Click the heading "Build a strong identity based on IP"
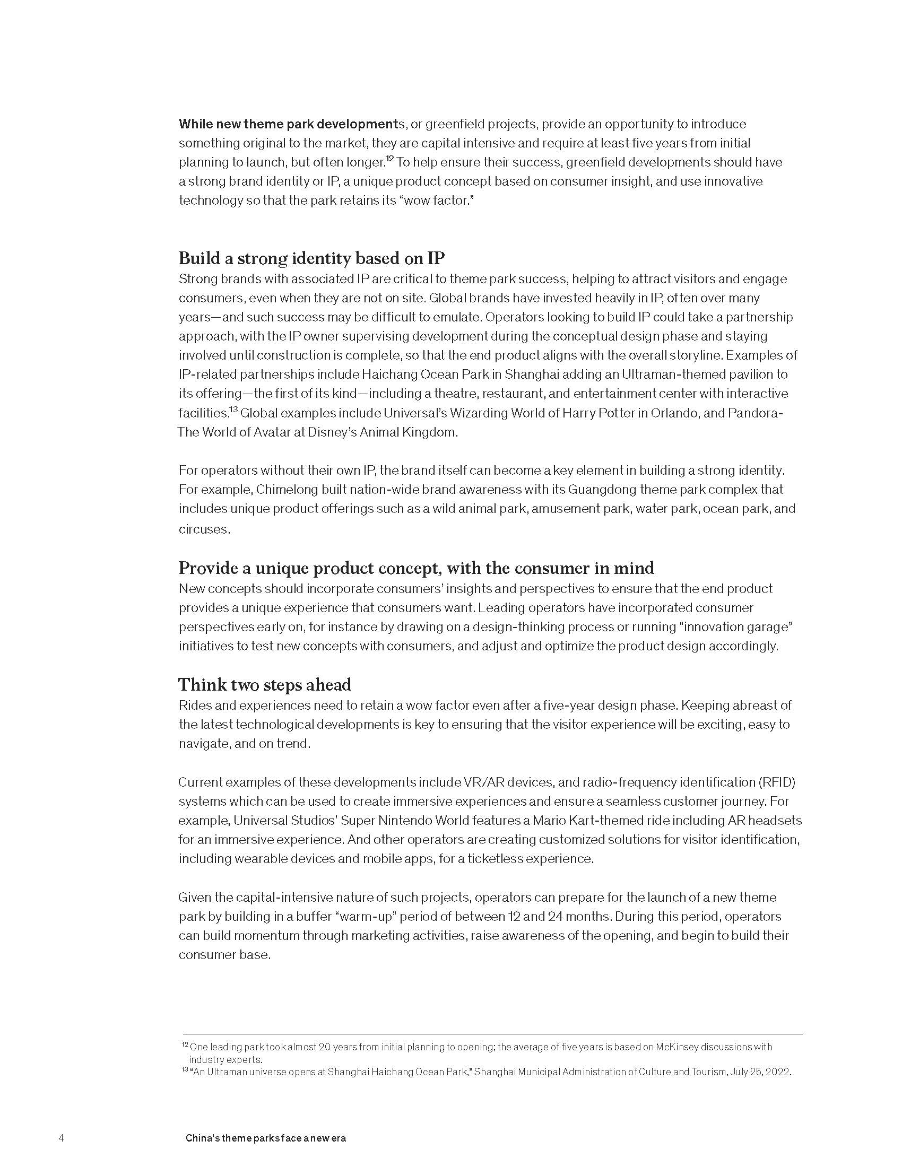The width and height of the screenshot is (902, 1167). pyautogui.click(x=311, y=259)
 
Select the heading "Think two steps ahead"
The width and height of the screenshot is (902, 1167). pyautogui.click(x=265, y=684)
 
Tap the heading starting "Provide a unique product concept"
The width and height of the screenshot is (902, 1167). pyautogui.click(x=416, y=568)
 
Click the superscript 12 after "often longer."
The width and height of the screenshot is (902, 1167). pyautogui.click(x=390, y=159)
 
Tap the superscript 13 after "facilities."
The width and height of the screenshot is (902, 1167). pyautogui.click(x=233, y=410)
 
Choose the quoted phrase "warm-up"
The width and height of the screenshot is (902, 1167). pyautogui.click(x=366, y=917)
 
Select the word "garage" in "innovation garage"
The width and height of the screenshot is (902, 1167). pyautogui.click(x=770, y=627)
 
